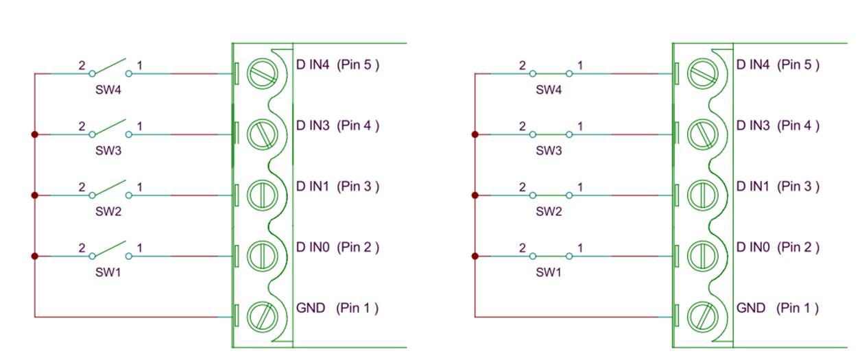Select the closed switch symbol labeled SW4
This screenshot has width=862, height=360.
[551, 73]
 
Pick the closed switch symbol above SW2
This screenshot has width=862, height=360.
[551, 195]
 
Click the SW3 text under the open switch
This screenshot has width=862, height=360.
[108, 151]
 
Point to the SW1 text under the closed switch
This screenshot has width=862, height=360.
[549, 272]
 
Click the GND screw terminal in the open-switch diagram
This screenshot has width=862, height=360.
[261, 316]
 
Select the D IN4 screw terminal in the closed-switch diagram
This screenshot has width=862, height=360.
[702, 73]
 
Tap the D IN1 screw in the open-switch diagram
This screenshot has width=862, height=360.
[261, 195]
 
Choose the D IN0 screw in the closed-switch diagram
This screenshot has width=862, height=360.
[702, 256]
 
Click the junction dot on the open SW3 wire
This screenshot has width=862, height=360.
[34, 134]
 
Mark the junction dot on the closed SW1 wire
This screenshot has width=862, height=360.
[475, 256]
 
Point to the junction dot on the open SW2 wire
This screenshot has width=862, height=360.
[34, 195]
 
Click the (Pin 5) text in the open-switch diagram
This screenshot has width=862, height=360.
[357, 65]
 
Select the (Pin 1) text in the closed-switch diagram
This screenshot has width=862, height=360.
[798, 308]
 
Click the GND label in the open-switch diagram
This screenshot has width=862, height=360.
[311, 308]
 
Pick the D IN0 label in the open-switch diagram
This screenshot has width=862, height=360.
[313, 247]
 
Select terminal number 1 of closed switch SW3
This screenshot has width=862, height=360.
[580, 126]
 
